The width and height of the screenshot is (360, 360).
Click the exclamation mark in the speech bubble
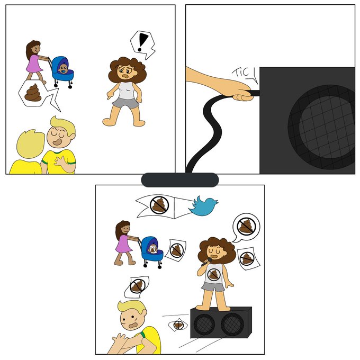click(142, 42)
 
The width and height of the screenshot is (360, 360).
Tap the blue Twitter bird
click(203, 206)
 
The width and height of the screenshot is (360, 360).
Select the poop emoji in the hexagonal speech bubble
click(33, 93)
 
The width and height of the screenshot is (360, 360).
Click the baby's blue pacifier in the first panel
click(63, 71)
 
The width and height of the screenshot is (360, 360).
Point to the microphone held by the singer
click(206, 262)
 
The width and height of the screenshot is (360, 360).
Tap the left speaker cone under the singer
click(204, 323)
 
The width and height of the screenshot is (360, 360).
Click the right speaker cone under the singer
click(232, 324)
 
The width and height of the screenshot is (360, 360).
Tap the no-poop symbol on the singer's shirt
click(214, 274)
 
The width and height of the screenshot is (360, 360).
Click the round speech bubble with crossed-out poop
click(246, 227)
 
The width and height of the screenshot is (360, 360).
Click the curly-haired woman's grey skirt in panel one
click(125, 103)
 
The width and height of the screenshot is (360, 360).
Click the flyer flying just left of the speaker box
click(178, 325)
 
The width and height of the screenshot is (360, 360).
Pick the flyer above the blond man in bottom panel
click(137, 286)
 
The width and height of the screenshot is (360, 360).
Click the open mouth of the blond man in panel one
click(57, 142)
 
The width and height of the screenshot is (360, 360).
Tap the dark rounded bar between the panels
click(180, 180)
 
